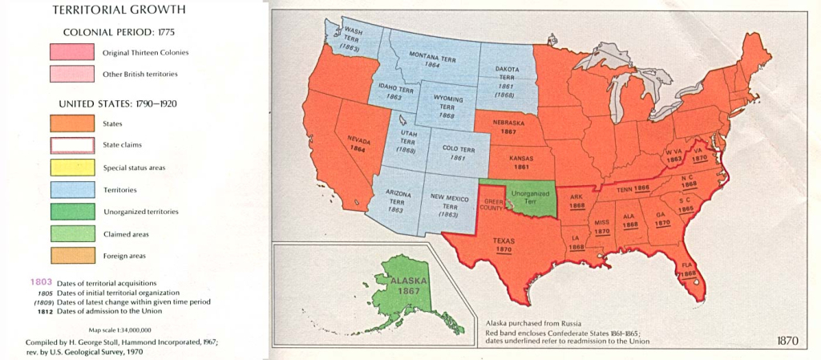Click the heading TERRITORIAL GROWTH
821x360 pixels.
pyautogui.click(x=119, y=11)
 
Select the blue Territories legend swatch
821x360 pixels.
pyautogui.click(x=71, y=190)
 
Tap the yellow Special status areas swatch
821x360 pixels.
pyautogui.click(x=71, y=168)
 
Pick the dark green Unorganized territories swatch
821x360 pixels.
pyautogui.click(x=71, y=212)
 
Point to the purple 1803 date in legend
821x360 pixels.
pyautogui.click(x=42, y=283)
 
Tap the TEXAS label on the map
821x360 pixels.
pyautogui.click(x=503, y=240)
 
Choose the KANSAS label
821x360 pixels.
pyautogui.click(x=521, y=159)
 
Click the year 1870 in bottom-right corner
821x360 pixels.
pyautogui.click(x=787, y=340)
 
